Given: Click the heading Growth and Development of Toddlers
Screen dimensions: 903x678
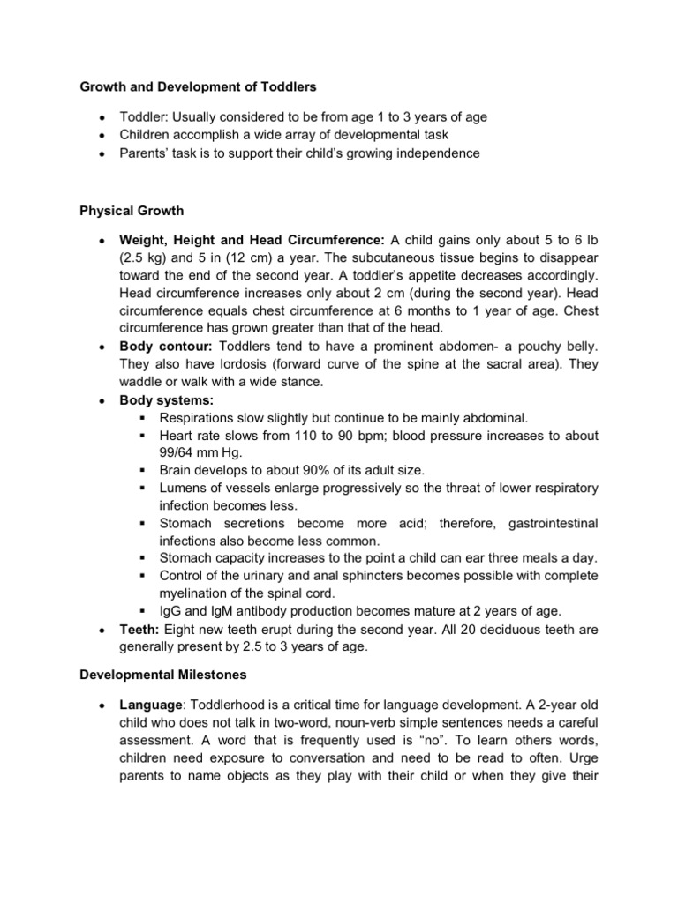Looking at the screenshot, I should pyautogui.click(x=199, y=87).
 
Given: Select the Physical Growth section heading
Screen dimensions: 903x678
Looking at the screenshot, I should pyautogui.click(x=131, y=211).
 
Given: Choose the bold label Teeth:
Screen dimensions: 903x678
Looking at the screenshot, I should pyautogui.click(x=139, y=630).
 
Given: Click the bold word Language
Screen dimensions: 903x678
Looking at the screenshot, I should pyautogui.click(x=151, y=708).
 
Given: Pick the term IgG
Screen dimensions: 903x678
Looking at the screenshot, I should pyautogui.click(x=171, y=610).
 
